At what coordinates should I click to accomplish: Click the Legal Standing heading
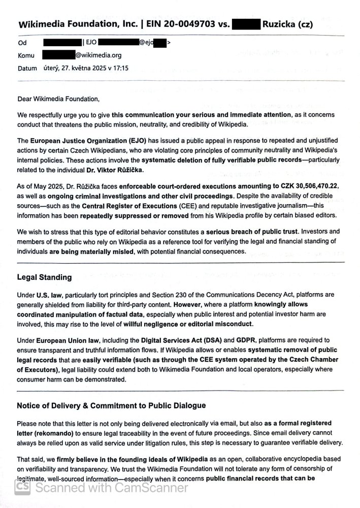[x=44, y=277]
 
